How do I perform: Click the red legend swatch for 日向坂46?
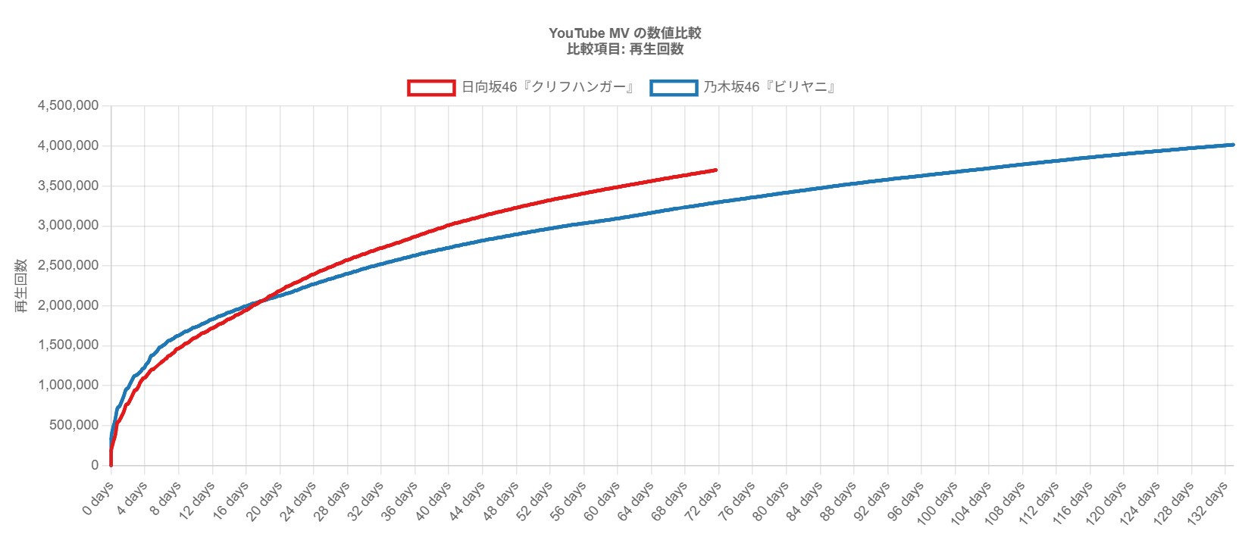(431, 88)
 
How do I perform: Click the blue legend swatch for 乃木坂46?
(674, 88)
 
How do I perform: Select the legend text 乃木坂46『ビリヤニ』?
(769, 87)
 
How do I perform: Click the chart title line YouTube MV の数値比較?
(625, 33)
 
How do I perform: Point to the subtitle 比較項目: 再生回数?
(625, 49)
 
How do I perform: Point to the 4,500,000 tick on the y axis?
(68, 105)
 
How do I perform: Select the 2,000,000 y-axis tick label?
(68, 305)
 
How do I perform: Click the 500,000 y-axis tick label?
(74, 425)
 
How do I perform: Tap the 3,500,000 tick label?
(68, 186)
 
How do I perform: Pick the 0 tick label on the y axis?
(95, 465)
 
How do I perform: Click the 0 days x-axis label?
(99, 498)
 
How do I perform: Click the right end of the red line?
(716, 170)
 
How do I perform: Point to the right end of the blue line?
(1232, 145)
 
